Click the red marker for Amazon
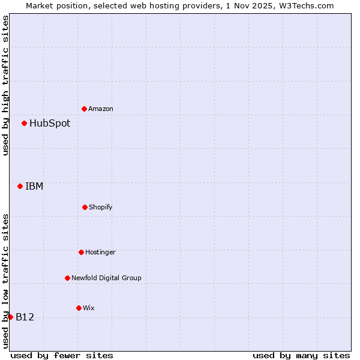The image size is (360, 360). pos(85,109)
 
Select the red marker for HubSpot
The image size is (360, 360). pos(25,124)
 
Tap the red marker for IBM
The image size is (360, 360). pos(20,186)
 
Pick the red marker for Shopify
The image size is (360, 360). pos(85,207)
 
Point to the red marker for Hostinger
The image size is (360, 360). pos(81,252)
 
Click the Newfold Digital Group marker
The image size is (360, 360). pos(67,278)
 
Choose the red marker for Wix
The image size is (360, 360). pos(79,308)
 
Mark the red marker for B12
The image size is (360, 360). pos(11,317)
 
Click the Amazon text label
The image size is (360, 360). pos(101,109)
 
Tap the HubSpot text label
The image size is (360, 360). pos(50,124)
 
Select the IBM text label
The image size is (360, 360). pos(34,186)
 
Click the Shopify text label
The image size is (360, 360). pos(101,207)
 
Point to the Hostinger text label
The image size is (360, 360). pos(100,252)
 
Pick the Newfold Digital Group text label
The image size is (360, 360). pos(106,278)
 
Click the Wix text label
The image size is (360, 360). pos(89,308)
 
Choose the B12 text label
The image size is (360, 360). pos(25,317)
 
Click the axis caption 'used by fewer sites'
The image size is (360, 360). pos(62,355)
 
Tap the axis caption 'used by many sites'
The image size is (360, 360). pos(301,355)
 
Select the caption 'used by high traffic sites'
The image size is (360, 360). pos(5,85)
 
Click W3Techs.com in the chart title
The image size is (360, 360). pos(305,5)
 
